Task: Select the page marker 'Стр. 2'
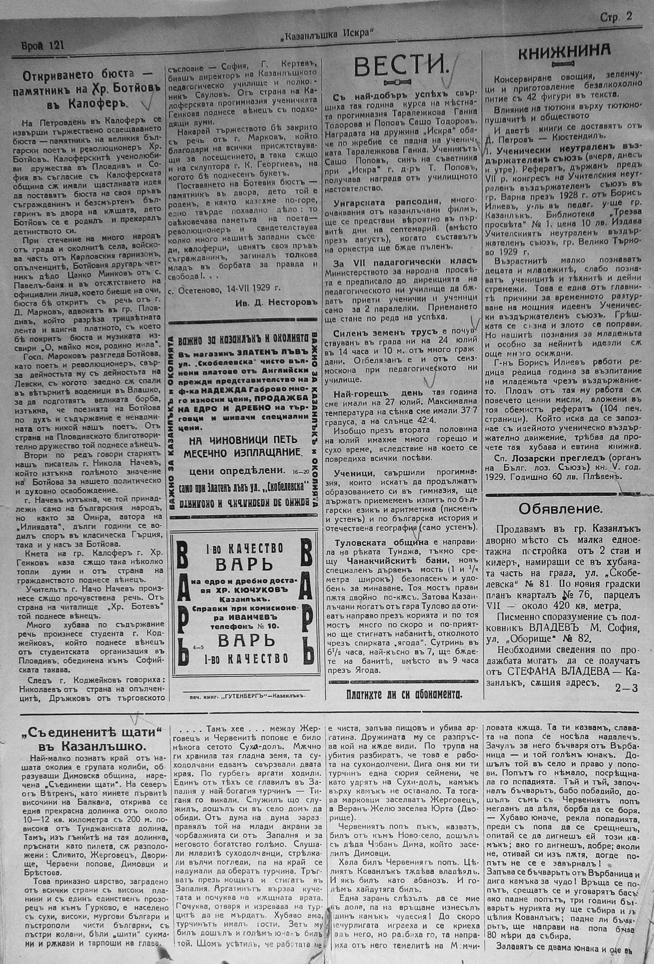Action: click(x=615, y=17)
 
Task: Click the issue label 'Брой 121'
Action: click(x=43, y=45)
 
